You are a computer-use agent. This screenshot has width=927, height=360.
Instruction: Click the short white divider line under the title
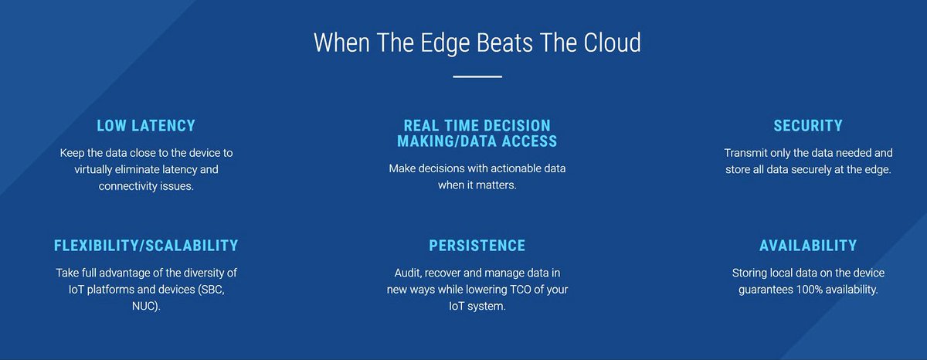[477, 76]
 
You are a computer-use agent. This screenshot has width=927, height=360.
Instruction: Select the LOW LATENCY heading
[146, 125]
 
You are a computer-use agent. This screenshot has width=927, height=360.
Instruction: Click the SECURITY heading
[808, 125]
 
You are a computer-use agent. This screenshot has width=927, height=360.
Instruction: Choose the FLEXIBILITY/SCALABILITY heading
[146, 246]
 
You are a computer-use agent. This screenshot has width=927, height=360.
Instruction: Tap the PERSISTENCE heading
[477, 246]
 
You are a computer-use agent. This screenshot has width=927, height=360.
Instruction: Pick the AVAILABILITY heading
[808, 246]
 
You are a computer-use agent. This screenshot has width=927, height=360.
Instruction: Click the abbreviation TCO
[524, 290]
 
